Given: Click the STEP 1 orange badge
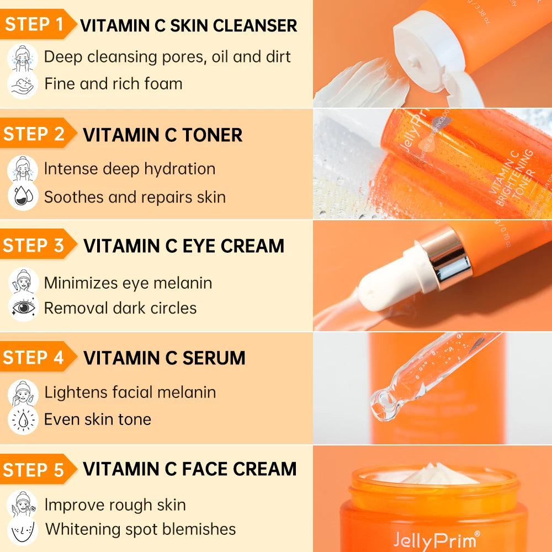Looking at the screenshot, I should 34,24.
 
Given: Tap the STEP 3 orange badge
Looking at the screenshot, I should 34,246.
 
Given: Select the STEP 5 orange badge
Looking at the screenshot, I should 34,470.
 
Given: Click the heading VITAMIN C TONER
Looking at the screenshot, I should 163,135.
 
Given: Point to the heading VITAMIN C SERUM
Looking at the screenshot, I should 164,358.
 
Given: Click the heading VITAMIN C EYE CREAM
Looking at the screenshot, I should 184,246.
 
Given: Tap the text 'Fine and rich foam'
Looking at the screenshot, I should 113,84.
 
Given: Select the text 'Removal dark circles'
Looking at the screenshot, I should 120,307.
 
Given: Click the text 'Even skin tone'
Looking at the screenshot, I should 98,419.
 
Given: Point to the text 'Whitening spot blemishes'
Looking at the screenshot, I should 140,529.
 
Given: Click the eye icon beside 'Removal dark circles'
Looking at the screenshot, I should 23,308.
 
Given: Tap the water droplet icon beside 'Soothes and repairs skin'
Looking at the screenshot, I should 22,197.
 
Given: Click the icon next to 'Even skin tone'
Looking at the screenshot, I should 23,420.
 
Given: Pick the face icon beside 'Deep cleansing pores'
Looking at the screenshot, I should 23,57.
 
